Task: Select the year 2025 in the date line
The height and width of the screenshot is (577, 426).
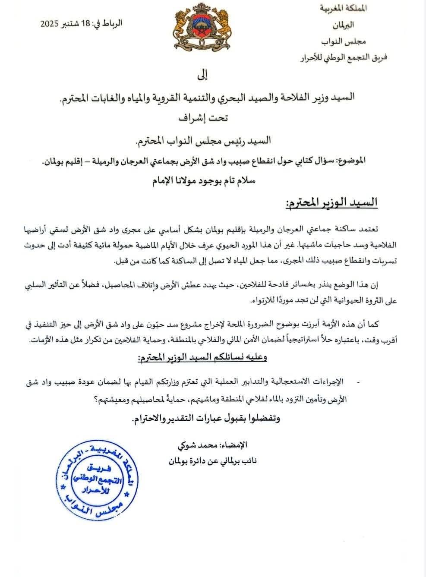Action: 49,24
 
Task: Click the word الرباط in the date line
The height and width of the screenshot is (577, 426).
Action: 114,23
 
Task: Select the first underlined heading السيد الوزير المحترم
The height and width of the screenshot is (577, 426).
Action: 331,202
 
